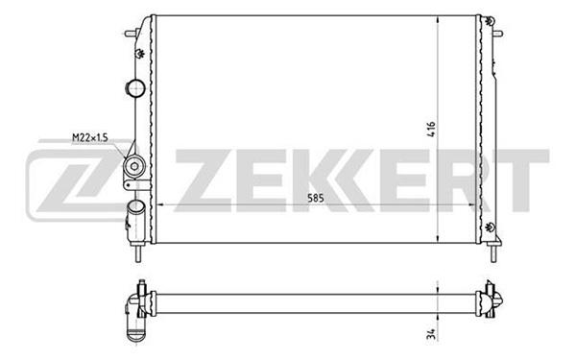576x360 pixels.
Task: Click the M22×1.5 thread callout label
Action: (90, 137)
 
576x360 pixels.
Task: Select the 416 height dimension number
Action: (431, 130)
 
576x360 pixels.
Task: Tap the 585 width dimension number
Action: (316, 199)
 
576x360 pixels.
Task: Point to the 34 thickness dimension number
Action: (432, 334)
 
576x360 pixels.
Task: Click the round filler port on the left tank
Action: (135, 88)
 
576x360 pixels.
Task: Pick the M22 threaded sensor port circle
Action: (134, 166)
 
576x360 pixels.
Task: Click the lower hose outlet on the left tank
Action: (135, 219)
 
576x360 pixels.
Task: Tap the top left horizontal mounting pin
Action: (132, 34)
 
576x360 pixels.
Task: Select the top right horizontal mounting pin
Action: (497, 34)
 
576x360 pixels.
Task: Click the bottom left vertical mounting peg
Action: (138, 252)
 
